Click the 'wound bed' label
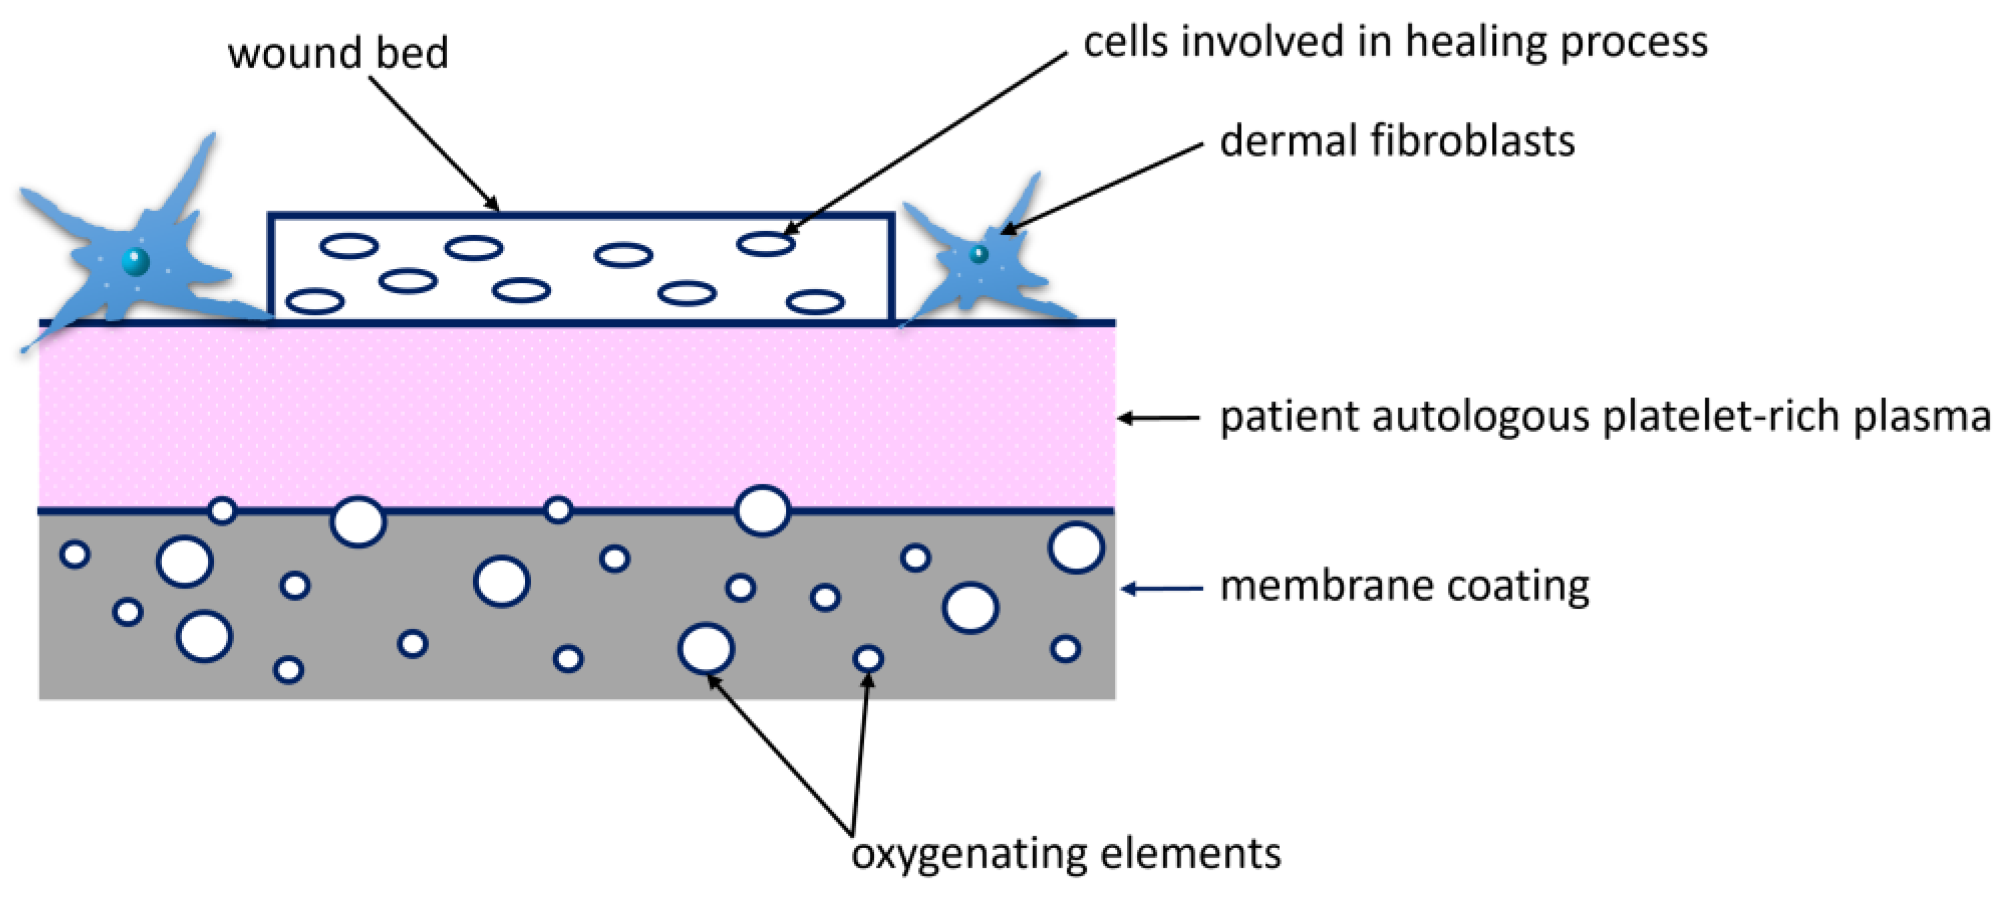coord(338,53)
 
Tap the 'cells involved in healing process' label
coord(1395,42)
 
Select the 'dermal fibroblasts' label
coord(1396,142)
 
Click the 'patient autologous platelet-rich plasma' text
coord(1603,417)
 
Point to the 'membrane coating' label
coord(1404,587)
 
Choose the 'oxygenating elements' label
coord(1065,854)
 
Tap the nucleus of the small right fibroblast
coord(978,254)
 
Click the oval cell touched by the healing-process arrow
coord(765,243)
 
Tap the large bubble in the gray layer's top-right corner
coord(1075,547)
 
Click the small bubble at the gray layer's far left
coord(75,555)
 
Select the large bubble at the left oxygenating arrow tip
coord(706,647)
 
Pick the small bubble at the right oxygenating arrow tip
coord(868,659)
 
